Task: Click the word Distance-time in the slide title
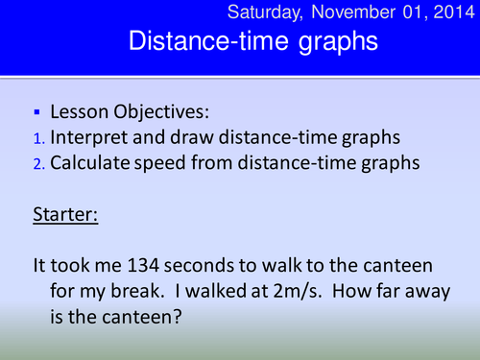[193, 42]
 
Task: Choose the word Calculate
[101, 162]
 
